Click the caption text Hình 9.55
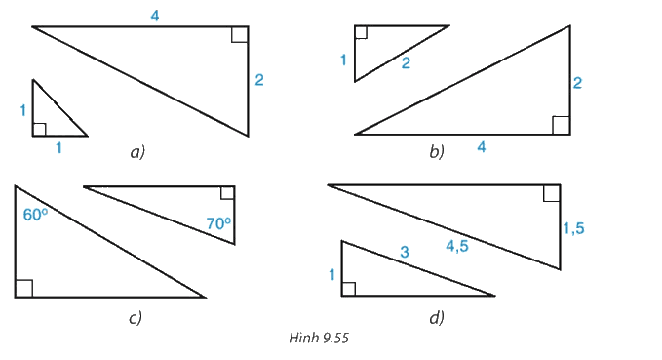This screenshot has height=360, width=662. [319, 338]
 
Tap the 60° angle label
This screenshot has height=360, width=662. [35, 215]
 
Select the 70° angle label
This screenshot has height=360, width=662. [218, 223]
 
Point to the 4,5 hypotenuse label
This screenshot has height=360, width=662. [457, 246]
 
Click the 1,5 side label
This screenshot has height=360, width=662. [573, 228]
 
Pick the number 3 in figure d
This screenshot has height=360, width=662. [405, 252]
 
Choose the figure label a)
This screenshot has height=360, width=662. [137, 152]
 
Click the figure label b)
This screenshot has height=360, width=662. [437, 151]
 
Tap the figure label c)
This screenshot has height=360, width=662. [136, 317]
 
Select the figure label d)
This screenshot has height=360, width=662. [437, 317]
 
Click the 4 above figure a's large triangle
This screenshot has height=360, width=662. [155, 16]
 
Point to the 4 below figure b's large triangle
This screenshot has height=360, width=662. [482, 147]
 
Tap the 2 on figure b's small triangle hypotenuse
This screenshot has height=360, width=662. [406, 63]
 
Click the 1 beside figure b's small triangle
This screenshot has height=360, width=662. [343, 60]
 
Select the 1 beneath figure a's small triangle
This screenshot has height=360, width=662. [58, 148]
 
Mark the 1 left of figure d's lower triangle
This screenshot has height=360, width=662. [332, 275]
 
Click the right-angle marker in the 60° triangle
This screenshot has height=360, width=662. [24, 289]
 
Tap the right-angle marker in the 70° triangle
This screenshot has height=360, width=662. [227, 192]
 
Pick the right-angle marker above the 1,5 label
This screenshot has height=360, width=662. [552, 193]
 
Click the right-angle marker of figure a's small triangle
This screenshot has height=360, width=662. [39, 130]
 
